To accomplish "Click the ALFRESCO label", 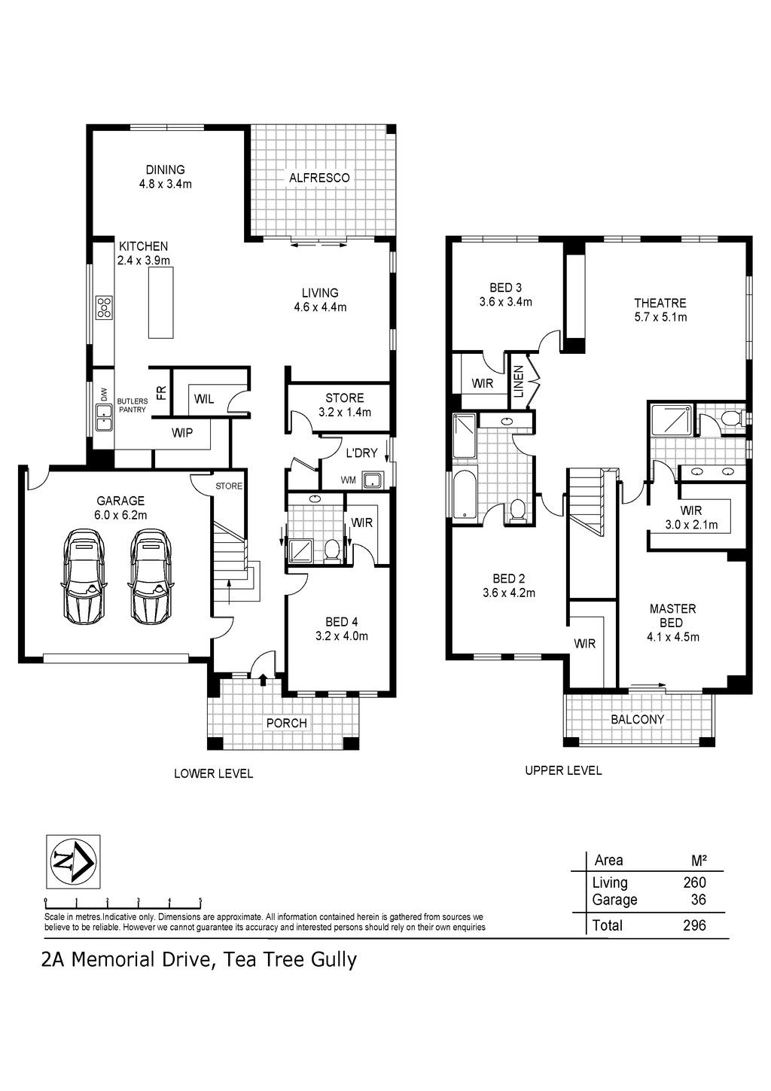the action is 319,178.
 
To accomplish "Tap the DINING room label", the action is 165,169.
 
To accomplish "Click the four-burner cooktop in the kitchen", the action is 105,307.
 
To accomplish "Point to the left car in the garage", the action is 84,574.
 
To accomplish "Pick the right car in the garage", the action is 151,574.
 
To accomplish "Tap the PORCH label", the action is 286,723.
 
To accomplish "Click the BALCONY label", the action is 638,719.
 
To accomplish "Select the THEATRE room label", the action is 660,303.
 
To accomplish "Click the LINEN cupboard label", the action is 519,382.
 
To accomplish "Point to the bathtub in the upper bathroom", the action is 465,495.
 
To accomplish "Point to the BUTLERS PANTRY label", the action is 132,406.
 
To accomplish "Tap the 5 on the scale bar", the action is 200,901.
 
